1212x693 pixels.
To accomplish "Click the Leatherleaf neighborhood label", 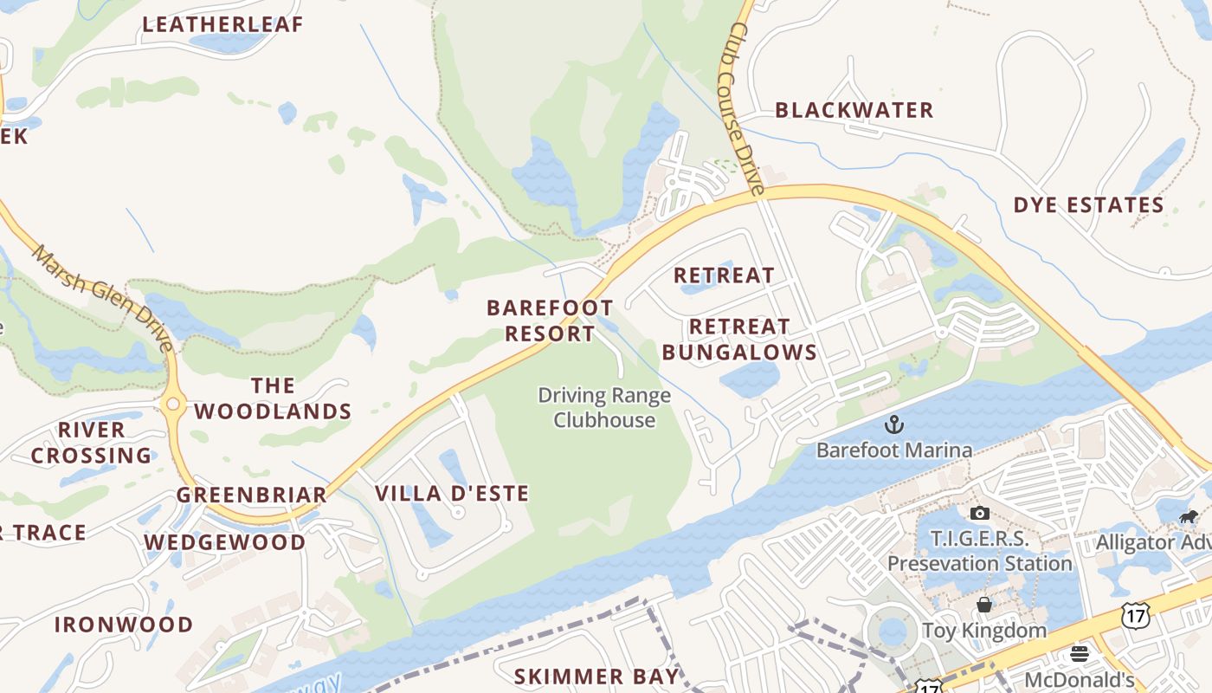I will point(222,24).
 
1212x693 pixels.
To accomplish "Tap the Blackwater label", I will point(854,110).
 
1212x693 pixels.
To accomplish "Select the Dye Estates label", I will point(1088,205).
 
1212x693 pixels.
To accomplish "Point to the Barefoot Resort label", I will point(550,321).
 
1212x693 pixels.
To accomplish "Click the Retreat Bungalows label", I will point(739,339).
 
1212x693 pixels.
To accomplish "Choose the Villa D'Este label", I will point(451,494).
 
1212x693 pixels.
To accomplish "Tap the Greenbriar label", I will point(252,495).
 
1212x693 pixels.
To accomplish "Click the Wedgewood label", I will point(224,542).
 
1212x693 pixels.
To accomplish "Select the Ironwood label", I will point(124,625).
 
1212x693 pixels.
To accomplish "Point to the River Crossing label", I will point(92,443).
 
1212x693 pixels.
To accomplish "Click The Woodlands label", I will point(273,398).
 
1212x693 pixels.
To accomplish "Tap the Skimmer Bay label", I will point(596,677).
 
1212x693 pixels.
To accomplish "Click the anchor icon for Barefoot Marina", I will point(893,424).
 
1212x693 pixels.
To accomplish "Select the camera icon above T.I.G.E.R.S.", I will point(979,514).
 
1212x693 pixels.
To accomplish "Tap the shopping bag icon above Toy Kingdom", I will point(983,605).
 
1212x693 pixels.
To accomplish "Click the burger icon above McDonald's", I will point(1079,653).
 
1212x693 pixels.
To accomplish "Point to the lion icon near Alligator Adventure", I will point(1188,517).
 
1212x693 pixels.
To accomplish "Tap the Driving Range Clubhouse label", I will point(604,408).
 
